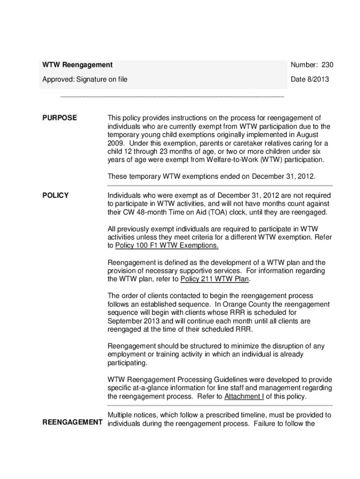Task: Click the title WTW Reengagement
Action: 78,65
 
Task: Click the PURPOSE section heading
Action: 60,118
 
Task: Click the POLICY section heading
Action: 56,195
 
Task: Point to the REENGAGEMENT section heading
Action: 72,423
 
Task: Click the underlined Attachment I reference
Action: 244,397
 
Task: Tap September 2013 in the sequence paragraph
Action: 134,321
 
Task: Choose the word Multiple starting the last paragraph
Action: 120,415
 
